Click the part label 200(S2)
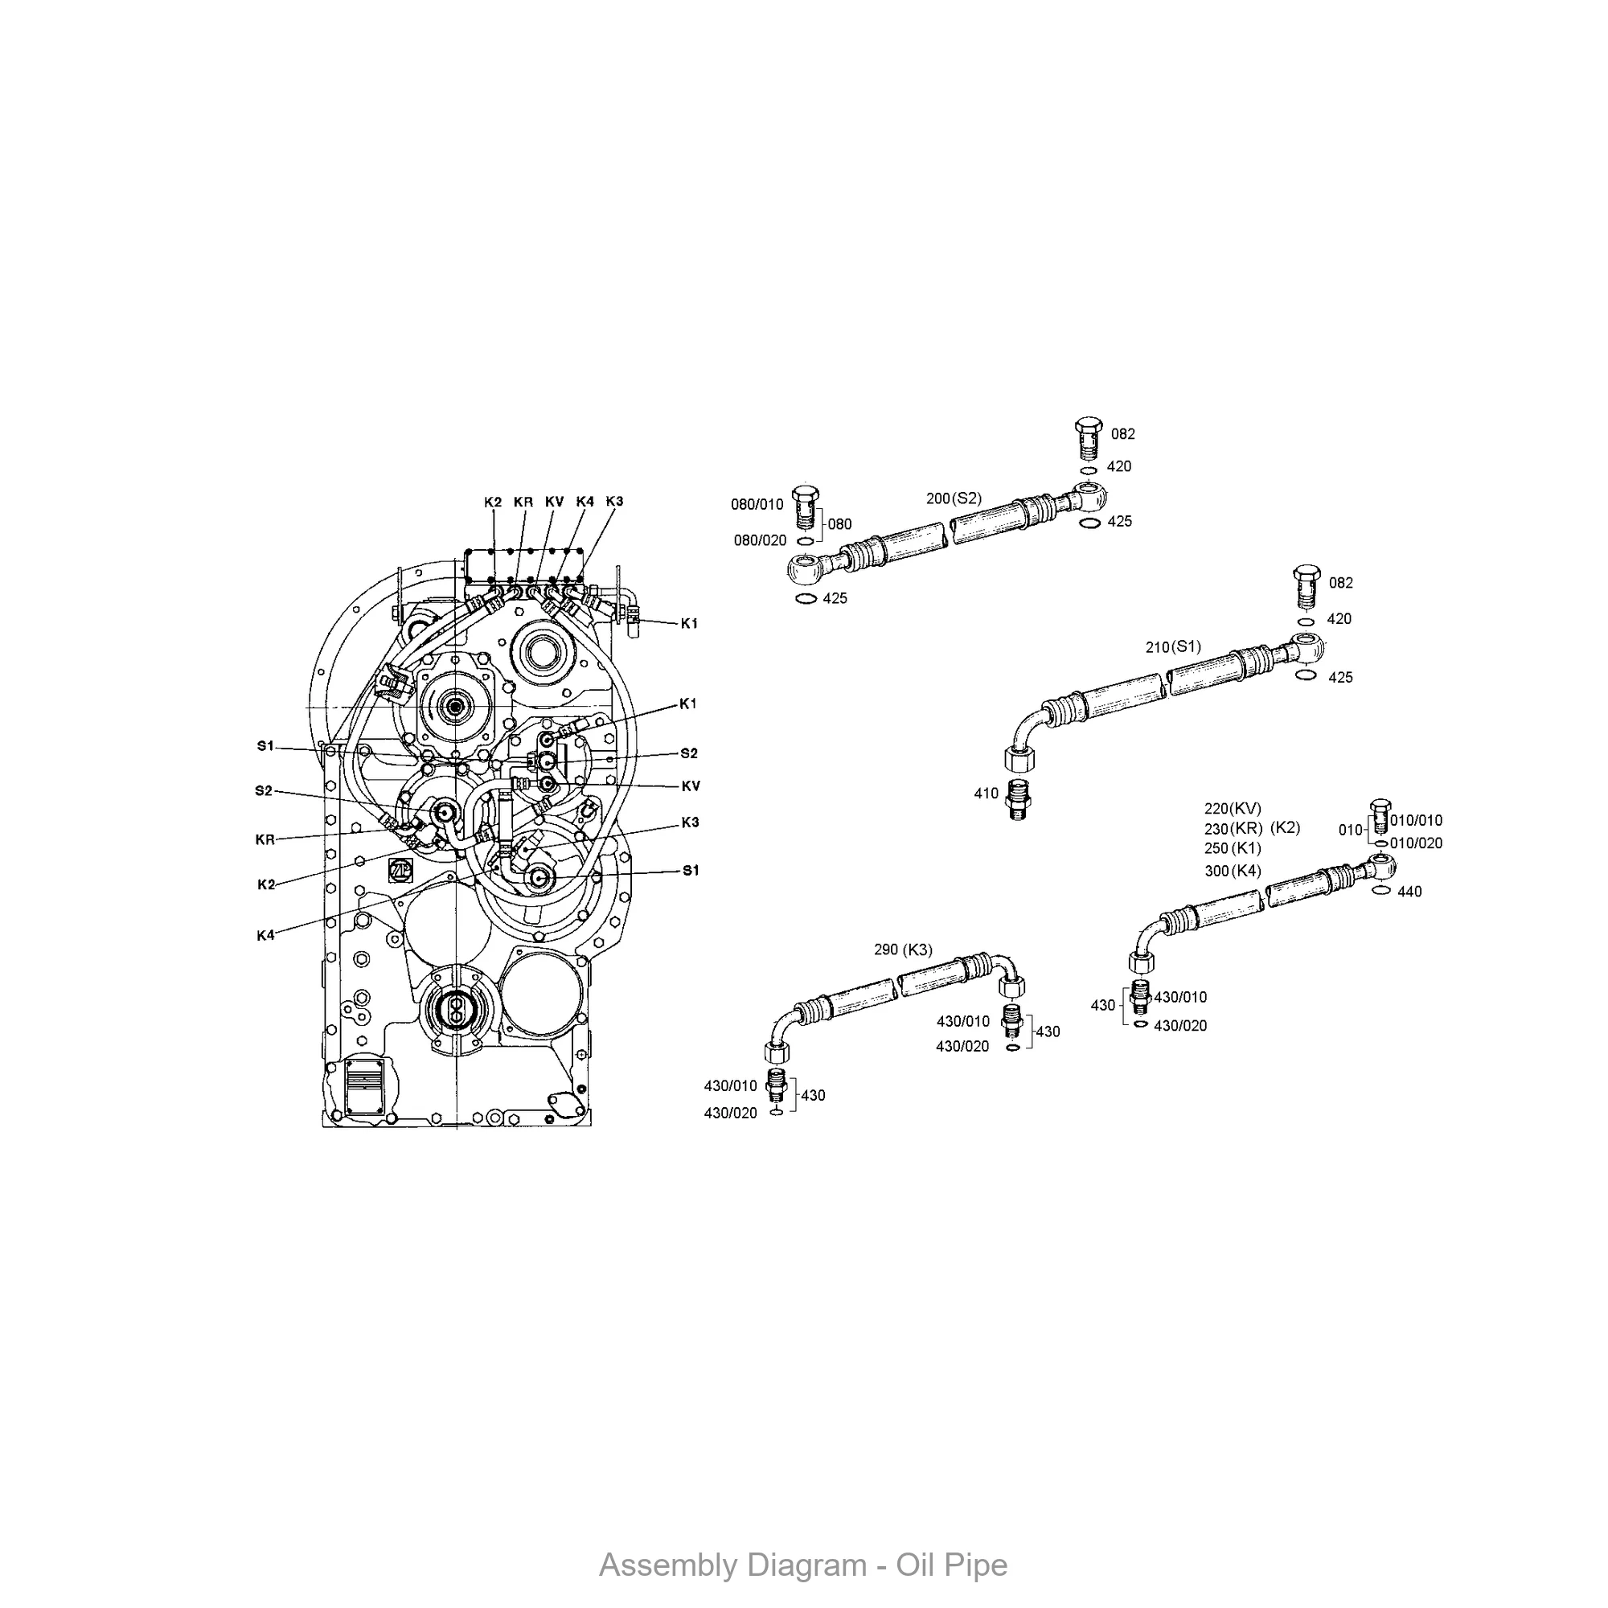point(954,498)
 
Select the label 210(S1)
point(1174,646)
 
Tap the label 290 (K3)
point(903,950)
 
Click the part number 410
point(987,794)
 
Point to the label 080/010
point(757,504)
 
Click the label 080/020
point(759,541)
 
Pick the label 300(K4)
point(1233,872)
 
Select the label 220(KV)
point(1233,808)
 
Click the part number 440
point(1410,892)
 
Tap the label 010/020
point(1416,843)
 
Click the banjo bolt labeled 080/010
point(805,505)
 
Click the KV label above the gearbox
point(554,502)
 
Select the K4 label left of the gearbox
point(265,936)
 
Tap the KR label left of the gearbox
point(265,841)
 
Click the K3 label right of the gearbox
point(690,822)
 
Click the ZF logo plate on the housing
point(400,869)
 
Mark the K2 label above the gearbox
point(493,503)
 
